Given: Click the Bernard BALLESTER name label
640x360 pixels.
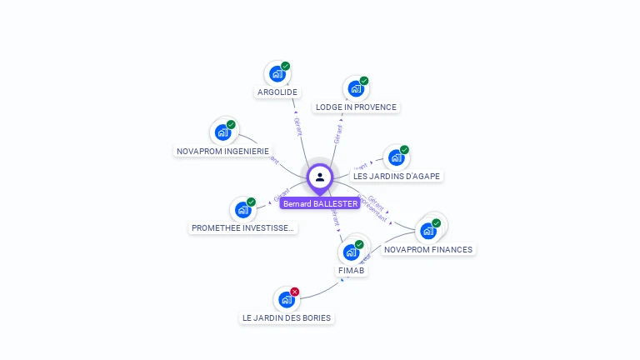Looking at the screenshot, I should [320, 203].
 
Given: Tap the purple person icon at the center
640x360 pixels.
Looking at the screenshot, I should [320, 177].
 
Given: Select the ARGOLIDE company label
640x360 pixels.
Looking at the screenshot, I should [277, 92].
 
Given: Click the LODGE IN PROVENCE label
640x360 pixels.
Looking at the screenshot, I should [356, 107].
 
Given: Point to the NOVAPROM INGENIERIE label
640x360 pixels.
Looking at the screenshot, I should [223, 152].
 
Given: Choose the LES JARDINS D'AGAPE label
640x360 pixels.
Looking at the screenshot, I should [397, 176].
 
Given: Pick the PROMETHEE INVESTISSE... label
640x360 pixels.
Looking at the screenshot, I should [242, 228].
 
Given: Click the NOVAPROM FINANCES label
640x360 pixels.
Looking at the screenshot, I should [428, 249].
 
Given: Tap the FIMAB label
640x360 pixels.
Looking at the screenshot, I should [352, 271].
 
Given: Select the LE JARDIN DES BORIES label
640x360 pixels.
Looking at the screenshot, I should [287, 317].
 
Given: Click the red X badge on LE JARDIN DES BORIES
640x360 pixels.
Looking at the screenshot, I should [295, 292].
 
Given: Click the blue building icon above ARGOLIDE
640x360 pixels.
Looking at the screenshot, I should [277, 74].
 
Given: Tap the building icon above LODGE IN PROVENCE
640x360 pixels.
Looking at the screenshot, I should [356, 88].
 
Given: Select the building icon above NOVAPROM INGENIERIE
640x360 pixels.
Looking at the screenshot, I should [222, 132].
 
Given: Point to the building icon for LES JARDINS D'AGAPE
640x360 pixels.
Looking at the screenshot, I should [396, 157].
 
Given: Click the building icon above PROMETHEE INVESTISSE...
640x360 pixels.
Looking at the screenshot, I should [242, 209].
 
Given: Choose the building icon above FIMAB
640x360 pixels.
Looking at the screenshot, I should [351, 252].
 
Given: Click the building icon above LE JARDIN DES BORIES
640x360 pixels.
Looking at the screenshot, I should [287, 299].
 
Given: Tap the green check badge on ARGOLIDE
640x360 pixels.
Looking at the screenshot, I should [286, 66].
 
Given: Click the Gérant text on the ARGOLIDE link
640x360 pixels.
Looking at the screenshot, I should [298, 126].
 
